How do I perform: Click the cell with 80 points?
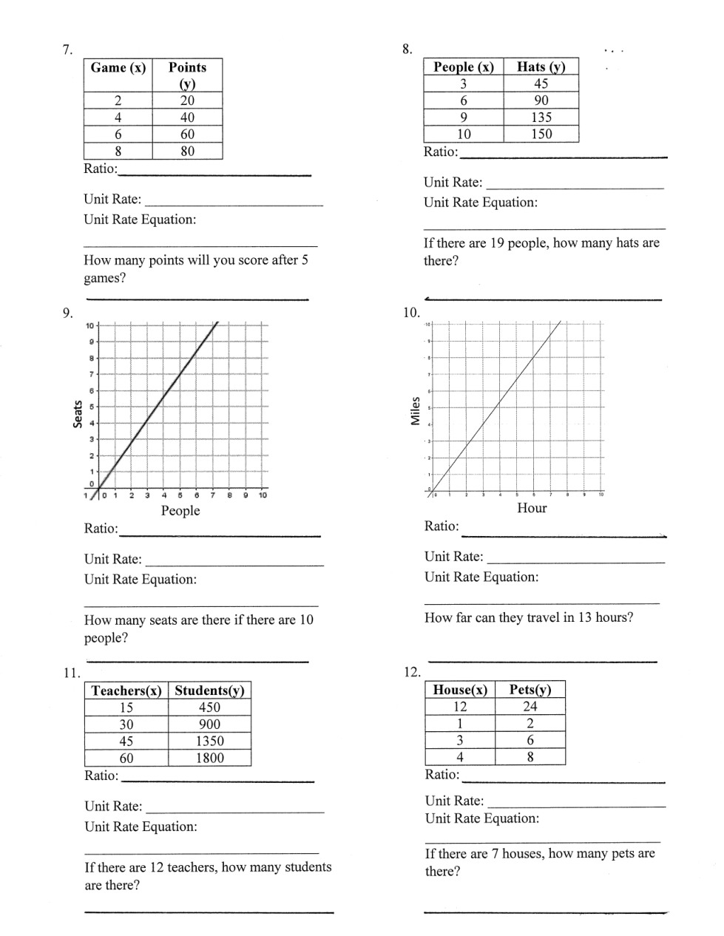pos(187,152)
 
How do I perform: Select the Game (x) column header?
pos(118,68)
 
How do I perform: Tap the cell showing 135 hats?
pos(541,117)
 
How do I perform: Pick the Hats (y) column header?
pos(541,67)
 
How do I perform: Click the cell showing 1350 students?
pos(209,741)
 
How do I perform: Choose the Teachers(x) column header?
pos(126,691)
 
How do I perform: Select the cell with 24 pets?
pos(530,706)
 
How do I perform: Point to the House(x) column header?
pos(460,690)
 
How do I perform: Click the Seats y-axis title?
pos(77,413)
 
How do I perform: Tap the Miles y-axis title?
pos(416,411)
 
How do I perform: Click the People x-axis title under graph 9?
pos(180,511)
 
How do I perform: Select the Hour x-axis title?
pos(532,508)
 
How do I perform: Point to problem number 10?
pos(411,313)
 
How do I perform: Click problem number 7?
pos(67,50)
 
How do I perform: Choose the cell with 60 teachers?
pos(126,758)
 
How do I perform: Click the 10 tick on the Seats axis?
pos(89,326)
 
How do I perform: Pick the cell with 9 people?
pos(463,117)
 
